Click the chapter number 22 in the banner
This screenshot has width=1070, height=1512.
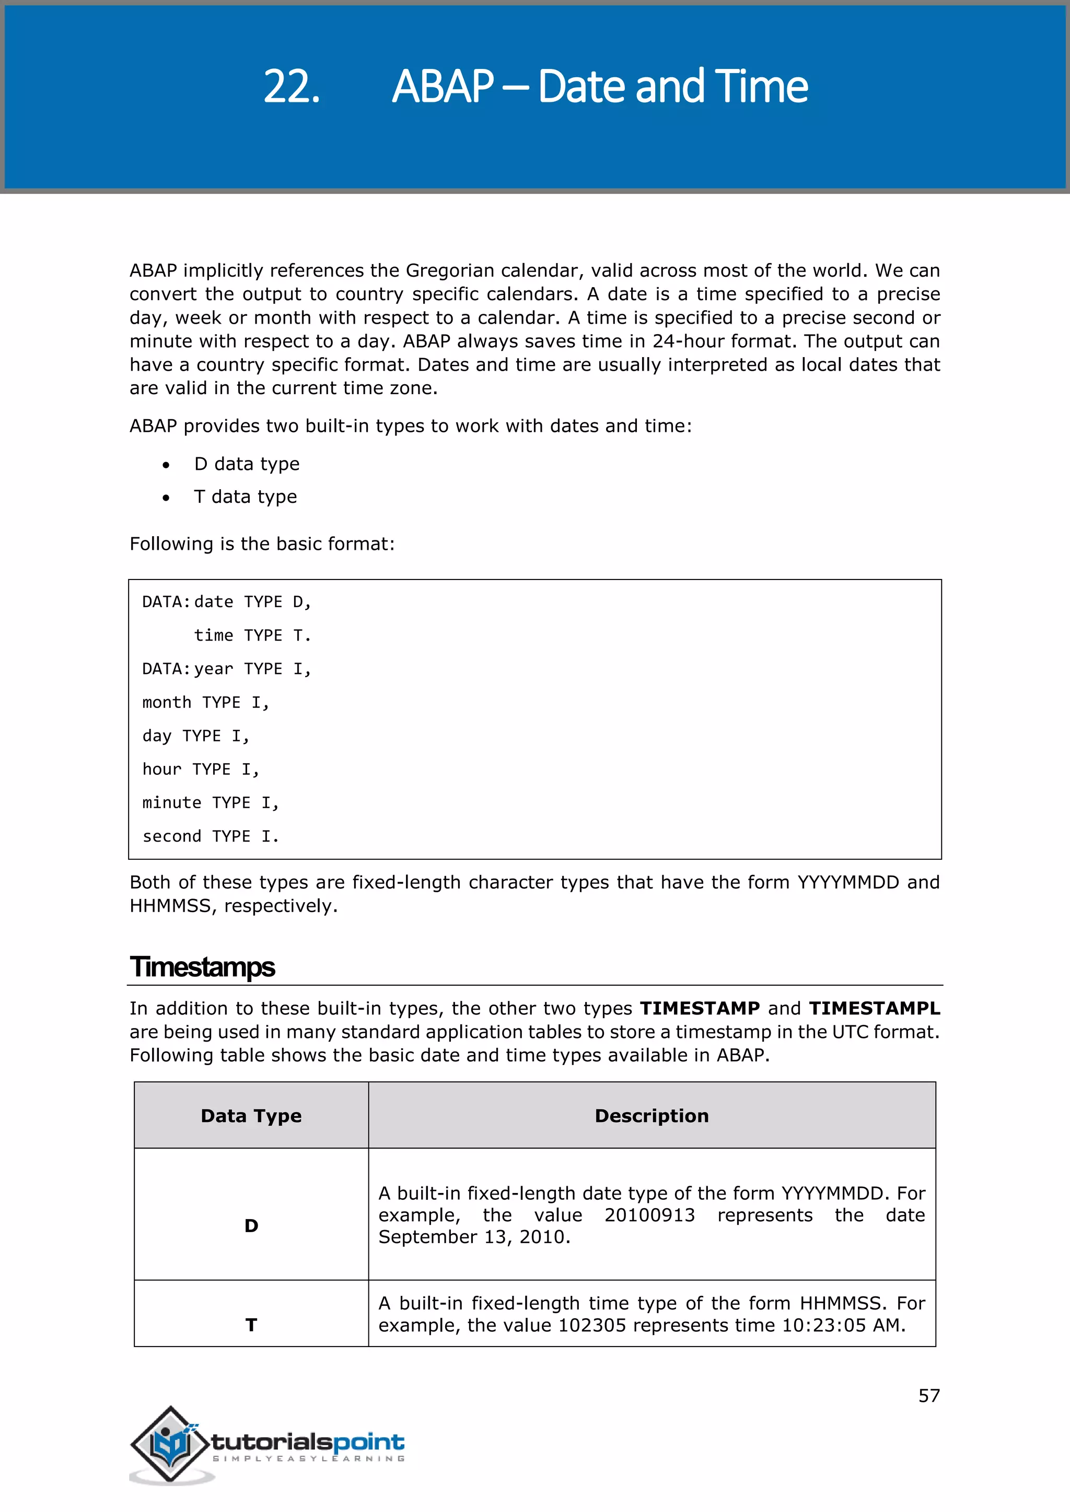[291, 87]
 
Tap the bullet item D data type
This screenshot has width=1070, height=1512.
[247, 464]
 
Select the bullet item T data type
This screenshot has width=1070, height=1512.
[245, 497]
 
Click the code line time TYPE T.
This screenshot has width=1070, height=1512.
[252, 635]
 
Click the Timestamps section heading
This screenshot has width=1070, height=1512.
[202, 967]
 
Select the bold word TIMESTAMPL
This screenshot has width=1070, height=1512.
[874, 1008]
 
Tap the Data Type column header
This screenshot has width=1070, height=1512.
[251, 1116]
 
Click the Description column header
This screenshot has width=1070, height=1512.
[652, 1116]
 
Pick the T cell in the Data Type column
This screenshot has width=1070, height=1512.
[251, 1325]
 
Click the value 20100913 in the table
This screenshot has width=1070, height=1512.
[649, 1215]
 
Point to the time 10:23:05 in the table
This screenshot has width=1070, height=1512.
[823, 1325]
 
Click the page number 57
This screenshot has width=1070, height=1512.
[929, 1396]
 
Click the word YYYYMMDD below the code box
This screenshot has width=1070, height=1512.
[848, 882]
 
